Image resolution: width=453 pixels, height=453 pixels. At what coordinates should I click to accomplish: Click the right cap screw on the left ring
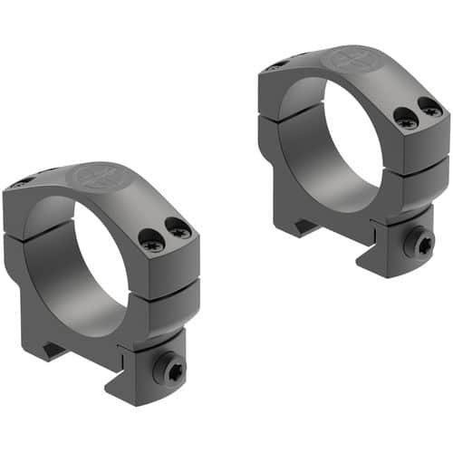[179, 231]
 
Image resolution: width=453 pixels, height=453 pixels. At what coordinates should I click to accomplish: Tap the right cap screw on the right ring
[431, 110]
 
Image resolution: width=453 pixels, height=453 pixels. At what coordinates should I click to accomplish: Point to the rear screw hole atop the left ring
[20, 184]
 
